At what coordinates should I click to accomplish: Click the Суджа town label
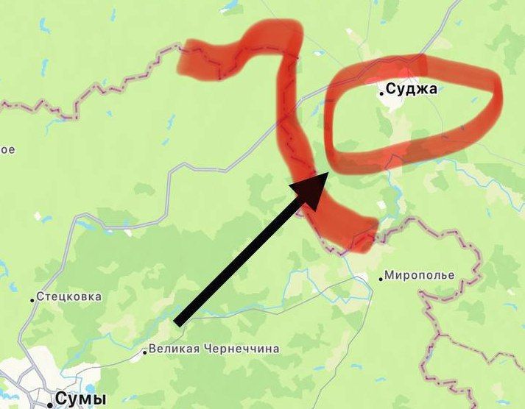point(412,90)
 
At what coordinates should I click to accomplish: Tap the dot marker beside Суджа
point(381,93)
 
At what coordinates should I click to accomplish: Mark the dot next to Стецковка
point(32,299)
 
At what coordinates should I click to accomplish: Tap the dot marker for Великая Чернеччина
point(144,352)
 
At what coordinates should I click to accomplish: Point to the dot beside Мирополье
point(381,278)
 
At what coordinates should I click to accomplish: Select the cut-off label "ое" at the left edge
point(7,149)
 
